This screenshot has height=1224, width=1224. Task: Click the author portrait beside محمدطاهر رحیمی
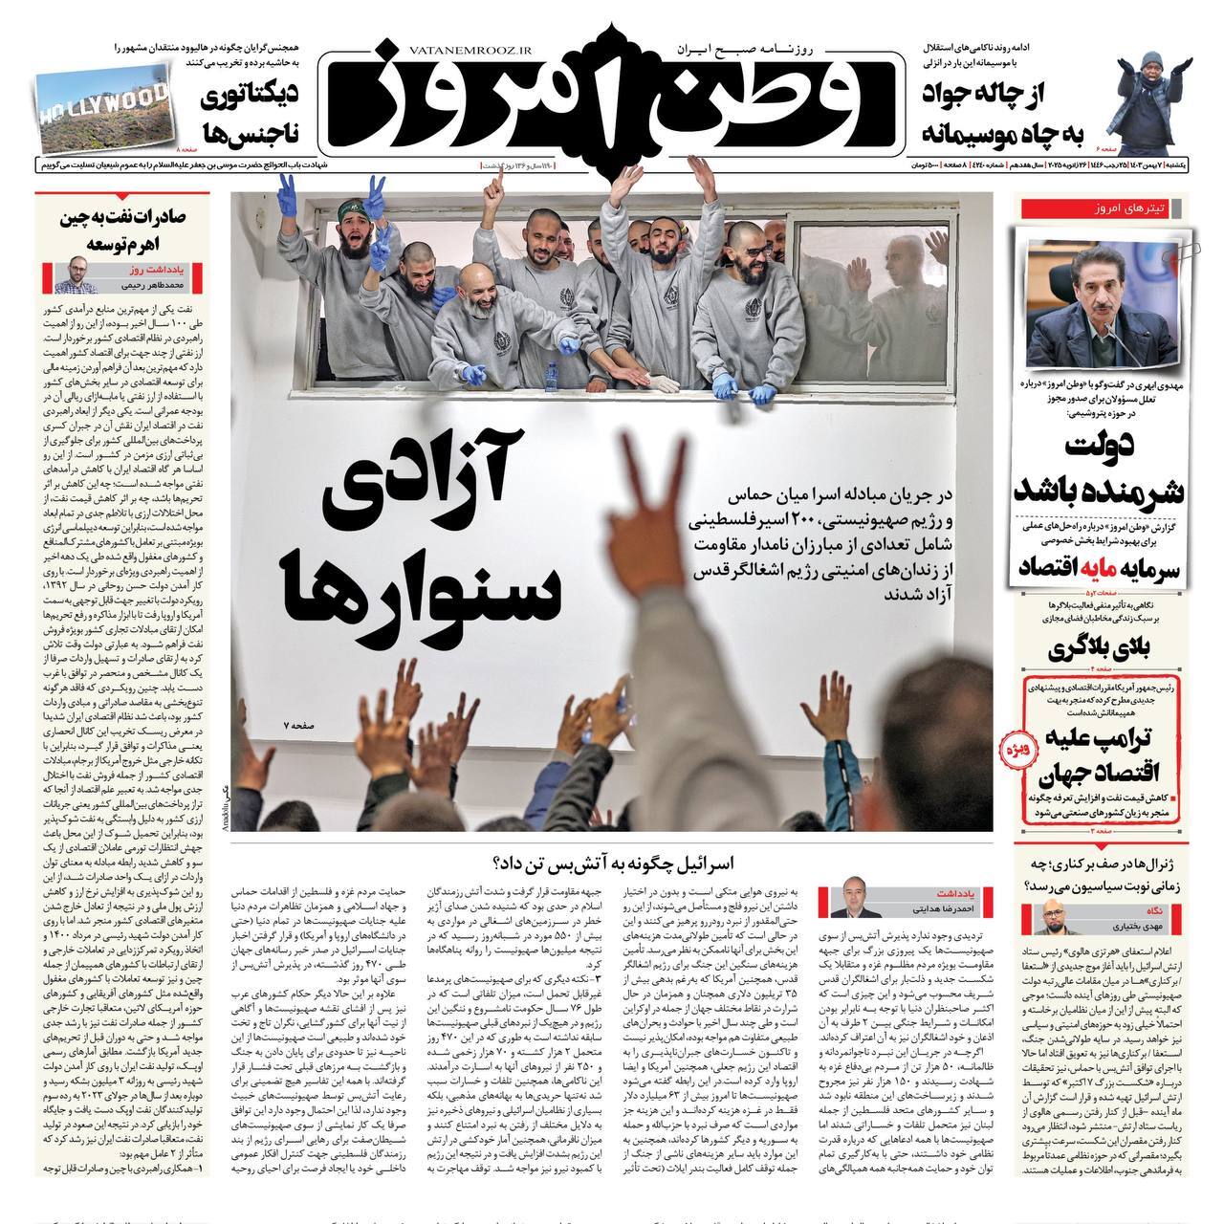click(70, 278)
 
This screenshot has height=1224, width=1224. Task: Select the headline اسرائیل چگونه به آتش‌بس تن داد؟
click(613, 863)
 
